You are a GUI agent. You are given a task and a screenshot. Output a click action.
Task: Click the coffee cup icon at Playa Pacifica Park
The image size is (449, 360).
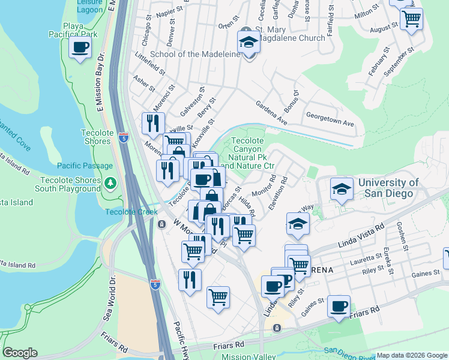point(79,48)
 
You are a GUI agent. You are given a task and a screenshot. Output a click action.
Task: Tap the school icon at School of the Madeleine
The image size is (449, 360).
point(247,43)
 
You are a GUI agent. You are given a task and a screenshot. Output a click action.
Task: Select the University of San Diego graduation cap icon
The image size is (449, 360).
point(341,190)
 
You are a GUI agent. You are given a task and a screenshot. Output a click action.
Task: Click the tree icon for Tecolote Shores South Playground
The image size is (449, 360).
point(110,182)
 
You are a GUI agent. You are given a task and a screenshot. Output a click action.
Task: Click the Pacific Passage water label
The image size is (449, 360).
point(85,166)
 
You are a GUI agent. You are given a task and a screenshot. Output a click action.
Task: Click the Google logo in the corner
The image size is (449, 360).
point(20,353)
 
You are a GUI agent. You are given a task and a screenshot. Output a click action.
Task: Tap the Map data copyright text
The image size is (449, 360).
point(412,355)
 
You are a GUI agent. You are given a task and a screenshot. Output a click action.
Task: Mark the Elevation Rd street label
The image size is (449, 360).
point(279,193)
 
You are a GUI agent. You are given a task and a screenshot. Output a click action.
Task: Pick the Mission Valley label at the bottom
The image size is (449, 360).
point(244,356)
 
